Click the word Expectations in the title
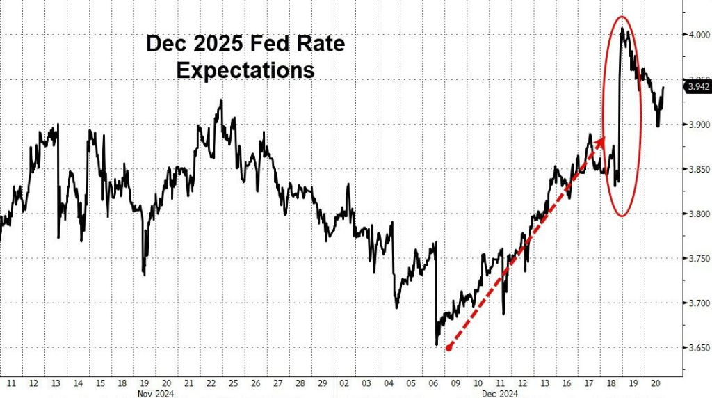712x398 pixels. coord(245,70)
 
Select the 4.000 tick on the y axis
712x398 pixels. coord(696,35)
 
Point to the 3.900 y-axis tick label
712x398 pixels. coord(696,125)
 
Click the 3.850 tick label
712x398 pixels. coord(696,169)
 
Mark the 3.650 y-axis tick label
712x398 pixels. coord(696,347)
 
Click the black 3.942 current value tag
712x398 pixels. coord(697,87)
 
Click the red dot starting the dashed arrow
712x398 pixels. coord(449,348)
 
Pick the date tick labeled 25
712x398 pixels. coord(232,383)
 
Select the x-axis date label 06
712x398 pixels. coord(433,383)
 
